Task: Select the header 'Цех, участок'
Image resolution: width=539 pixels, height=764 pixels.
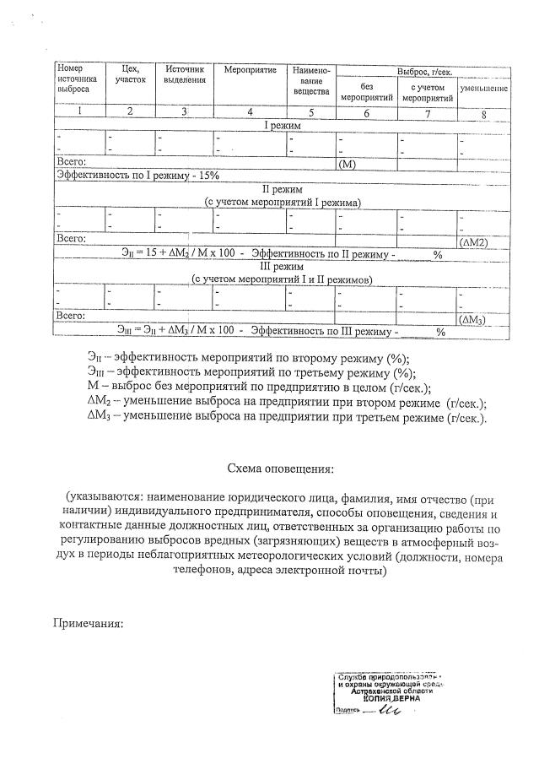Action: [130, 73]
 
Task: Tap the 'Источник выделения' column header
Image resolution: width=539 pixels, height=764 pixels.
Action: [185, 73]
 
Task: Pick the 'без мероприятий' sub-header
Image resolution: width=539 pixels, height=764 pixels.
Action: [366, 92]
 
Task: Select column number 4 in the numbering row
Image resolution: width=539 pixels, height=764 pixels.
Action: [249, 111]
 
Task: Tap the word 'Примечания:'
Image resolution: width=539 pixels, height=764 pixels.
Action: [89, 624]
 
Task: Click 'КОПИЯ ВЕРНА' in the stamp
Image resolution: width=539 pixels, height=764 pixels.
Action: [392, 698]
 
